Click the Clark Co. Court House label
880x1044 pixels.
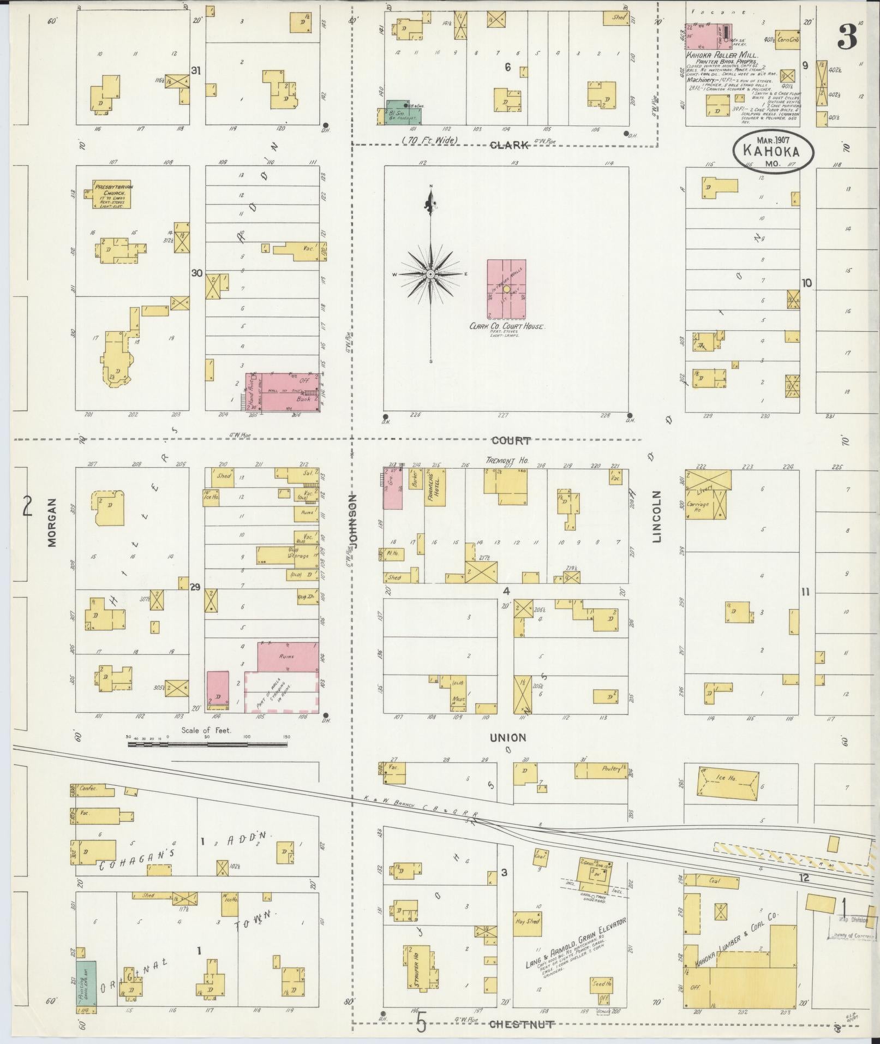(x=507, y=326)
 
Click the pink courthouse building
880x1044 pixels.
(x=506, y=289)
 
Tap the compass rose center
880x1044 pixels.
(x=430, y=274)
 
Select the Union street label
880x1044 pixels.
(x=507, y=738)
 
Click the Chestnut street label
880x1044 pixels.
(x=522, y=1024)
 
